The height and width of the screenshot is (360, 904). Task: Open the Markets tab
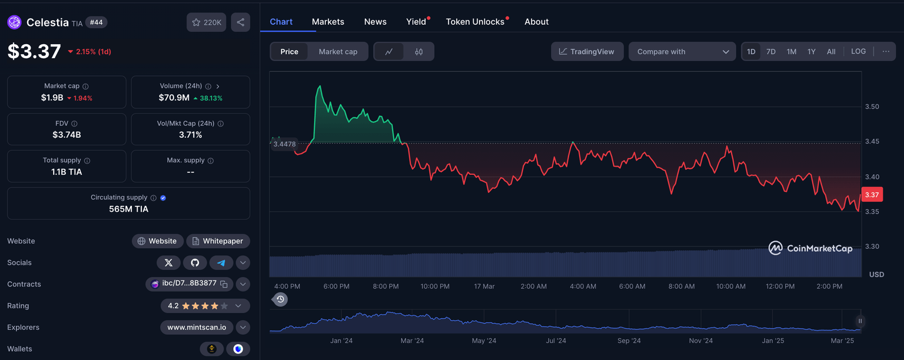coord(328,22)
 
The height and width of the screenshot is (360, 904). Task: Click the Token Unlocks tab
coord(475,22)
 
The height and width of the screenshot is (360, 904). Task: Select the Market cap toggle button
coord(338,52)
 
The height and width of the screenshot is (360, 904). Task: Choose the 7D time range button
coord(771,52)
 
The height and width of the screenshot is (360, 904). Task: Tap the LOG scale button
coord(858,52)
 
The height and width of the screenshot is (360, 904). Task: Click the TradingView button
coord(587,52)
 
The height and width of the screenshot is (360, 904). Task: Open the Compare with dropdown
coord(682,52)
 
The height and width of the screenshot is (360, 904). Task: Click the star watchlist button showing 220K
coord(207,22)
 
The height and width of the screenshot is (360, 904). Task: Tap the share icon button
coord(241,22)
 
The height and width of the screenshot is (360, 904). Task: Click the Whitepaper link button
coord(218,241)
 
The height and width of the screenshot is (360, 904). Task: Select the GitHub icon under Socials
coord(195,263)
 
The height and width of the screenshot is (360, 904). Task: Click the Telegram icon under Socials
coord(221,263)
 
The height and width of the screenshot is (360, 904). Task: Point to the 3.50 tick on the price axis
coord(872,106)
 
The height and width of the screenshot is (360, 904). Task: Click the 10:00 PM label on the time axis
coord(435,286)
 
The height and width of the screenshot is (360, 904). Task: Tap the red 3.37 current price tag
coord(872,195)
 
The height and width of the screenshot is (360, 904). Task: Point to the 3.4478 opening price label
coord(285,144)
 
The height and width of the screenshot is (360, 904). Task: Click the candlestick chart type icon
coord(418,52)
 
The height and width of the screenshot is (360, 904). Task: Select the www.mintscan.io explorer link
coord(197,328)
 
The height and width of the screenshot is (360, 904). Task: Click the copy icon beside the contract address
coord(224,284)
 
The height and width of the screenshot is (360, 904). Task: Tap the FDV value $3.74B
coord(67,135)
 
